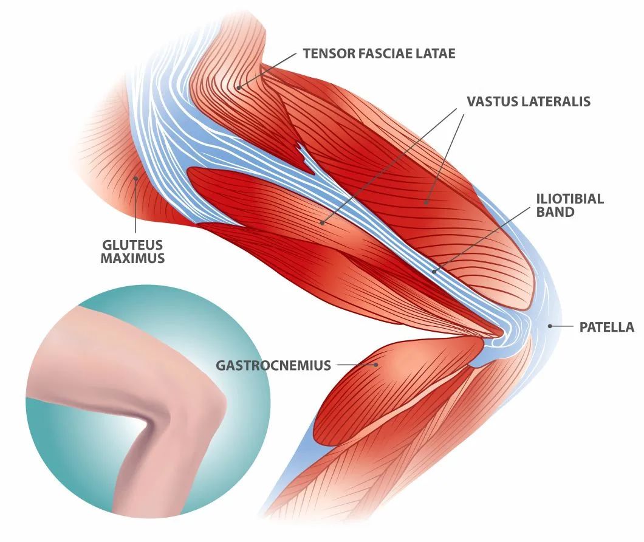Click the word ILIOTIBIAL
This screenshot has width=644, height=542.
pos(570,199)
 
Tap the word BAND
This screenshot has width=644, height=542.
pos(555,212)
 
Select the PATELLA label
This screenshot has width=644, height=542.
pos(606,327)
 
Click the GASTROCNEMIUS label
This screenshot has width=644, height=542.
pos(273,365)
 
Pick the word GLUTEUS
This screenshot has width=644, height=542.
pos(132,245)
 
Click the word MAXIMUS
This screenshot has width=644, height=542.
pos(132,258)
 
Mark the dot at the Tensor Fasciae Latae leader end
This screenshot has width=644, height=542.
pos(239,87)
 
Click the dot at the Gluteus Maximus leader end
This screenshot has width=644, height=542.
pos(136,178)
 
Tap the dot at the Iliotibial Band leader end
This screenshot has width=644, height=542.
pos(434,271)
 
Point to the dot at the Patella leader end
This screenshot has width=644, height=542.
pos(550,326)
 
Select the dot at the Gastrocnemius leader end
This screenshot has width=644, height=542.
pos(377,365)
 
